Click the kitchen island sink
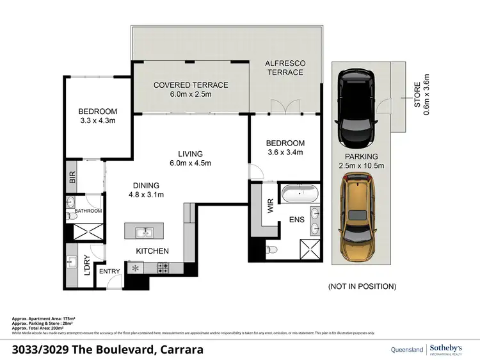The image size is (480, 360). click(x=144, y=231)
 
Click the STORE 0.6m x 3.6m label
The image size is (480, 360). click(x=418, y=98)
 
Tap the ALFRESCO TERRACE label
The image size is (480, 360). click(x=285, y=68)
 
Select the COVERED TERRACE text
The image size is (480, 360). click(x=191, y=85)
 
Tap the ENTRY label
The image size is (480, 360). click(x=109, y=271)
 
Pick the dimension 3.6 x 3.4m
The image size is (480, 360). click(x=285, y=152)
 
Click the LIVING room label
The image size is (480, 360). click(x=191, y=154)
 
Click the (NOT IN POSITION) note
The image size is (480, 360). click(x=362, y=286)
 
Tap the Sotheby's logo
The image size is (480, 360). click(x=447, y=348)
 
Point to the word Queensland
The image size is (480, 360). click(x=406, y=349)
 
